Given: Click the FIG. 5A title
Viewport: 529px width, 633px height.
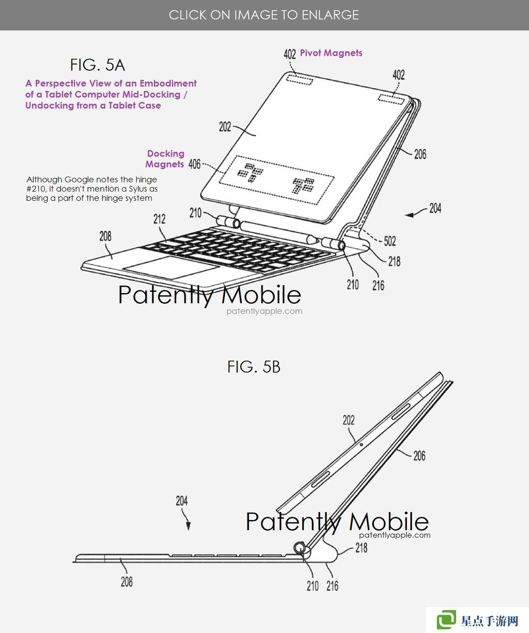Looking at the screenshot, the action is pos(97,65).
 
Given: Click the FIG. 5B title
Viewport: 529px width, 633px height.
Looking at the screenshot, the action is pos(254,367).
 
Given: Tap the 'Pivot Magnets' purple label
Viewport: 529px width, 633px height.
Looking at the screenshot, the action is pos(331,53).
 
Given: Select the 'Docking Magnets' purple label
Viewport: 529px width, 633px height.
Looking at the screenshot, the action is pos(165,159).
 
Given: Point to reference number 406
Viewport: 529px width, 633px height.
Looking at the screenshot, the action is pos(194,164).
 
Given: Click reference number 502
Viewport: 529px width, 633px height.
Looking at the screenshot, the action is pos(390,241).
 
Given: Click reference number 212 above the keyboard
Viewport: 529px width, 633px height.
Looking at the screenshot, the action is pos(159,219).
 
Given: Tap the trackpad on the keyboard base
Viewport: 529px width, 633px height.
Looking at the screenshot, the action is pos(172,267).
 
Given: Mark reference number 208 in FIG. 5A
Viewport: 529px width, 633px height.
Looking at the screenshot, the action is pos(105,236).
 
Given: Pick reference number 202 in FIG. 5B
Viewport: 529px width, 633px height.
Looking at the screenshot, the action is pos(349,420).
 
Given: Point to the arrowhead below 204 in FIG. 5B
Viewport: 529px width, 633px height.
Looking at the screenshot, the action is pos(189,526).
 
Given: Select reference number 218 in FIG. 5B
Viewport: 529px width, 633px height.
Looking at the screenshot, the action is pos(361,548).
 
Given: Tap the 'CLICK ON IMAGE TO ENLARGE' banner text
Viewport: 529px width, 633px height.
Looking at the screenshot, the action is pos(264,15).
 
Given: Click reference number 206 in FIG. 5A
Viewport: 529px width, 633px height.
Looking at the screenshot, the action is pos(420,154).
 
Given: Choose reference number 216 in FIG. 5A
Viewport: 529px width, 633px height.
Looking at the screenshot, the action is pos(378,286).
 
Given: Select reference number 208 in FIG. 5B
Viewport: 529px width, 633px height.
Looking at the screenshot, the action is pos(127,582).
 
